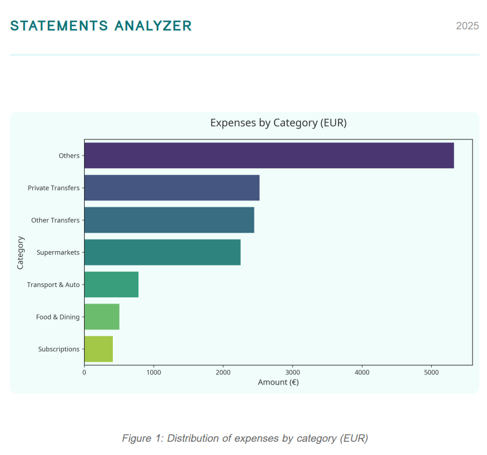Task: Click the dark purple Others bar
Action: tap(269, 156)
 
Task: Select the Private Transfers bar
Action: tap(172, 188)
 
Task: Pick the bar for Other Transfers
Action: tap(169, 220)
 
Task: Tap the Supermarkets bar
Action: tap(162, 252)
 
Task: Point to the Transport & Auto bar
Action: tap(111, 285)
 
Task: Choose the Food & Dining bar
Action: tap(102, 317)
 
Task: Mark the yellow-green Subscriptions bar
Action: tap(98, 349)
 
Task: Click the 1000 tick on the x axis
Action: tap(154, 373)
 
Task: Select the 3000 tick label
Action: tap(292, 373)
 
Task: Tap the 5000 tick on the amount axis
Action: tap(431, 373)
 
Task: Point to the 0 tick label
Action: tap(84, 373)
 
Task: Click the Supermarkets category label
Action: tap(58, 252)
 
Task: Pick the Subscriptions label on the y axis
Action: tap(59, 349)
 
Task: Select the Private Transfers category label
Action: tap(54, 188)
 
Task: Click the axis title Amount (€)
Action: tap(278, 382)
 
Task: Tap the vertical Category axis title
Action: tap(21, 252)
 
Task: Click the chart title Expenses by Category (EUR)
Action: tap(278, 123)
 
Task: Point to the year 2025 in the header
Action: tap(467, 26)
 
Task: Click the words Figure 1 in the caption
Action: tap(141, 438)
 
